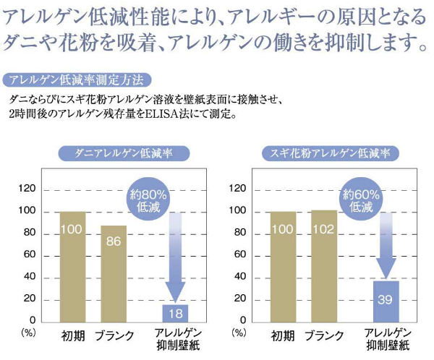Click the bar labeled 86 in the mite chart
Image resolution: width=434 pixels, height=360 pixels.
coord(114,272)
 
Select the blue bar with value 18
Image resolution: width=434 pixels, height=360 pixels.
coord(175,312)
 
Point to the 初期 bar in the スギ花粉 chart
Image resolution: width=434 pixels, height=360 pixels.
coord(283,265)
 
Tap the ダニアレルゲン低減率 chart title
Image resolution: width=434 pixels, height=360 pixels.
coord(123,153)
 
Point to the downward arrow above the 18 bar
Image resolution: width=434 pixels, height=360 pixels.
coord(175,257)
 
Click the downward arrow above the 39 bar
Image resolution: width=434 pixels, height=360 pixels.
coord(386,246)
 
